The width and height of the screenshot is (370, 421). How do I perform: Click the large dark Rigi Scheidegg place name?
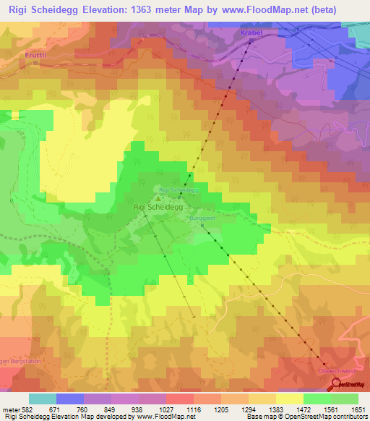coord(158,206)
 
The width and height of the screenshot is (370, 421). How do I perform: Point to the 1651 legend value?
coord(359,411)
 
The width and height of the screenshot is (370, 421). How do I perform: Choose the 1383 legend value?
coord(277,411)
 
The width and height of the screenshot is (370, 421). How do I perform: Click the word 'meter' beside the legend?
coord(11,411)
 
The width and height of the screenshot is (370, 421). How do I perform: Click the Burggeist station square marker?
coord(202,224)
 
